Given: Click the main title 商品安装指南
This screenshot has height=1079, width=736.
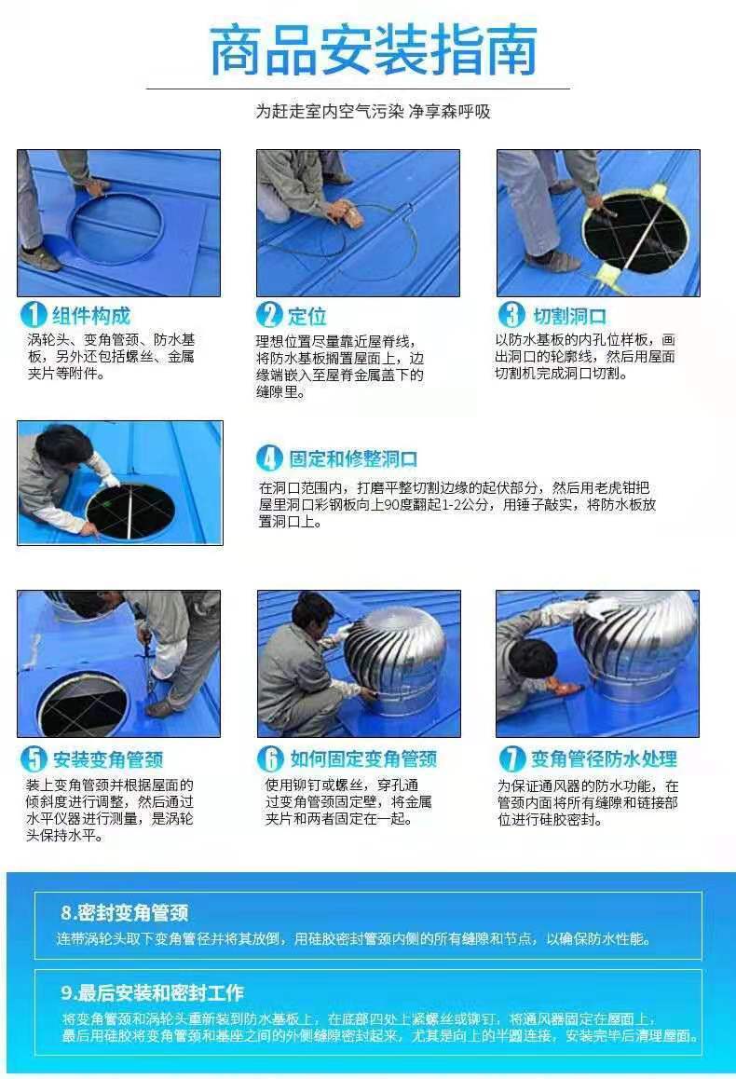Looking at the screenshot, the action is [x=372, y=50].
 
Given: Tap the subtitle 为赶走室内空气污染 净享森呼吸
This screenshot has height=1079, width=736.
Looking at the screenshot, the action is [x=373, y=112].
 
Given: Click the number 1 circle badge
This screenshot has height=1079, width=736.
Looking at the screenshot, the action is [x=33, y=315].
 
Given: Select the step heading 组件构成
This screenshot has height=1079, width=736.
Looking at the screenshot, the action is [x=90, y=316].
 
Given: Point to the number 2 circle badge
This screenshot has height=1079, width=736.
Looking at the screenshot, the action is [x=269, y=315].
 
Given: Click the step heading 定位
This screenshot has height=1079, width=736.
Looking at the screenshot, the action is [x=307, y=317].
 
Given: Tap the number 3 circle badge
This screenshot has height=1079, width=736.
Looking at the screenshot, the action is [x=511, y=315].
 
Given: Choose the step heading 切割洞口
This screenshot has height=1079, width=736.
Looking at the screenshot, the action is [x=569, y=317].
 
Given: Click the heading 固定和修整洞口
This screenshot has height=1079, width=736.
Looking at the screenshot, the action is [x=353, y=459].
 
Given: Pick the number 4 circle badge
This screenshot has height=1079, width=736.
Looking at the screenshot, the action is [x=269, y=458].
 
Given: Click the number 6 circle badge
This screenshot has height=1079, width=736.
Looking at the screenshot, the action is [x=269, y=759].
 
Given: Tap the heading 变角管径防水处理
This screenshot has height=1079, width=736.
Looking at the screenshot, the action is [x=604, y=759].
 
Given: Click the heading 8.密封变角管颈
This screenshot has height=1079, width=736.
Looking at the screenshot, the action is [x=125, y=913].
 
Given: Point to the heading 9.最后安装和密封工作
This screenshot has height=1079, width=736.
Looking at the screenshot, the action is [x=153, y=992].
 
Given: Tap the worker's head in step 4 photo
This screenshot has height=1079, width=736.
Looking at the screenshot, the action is [x=64, y=447].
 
